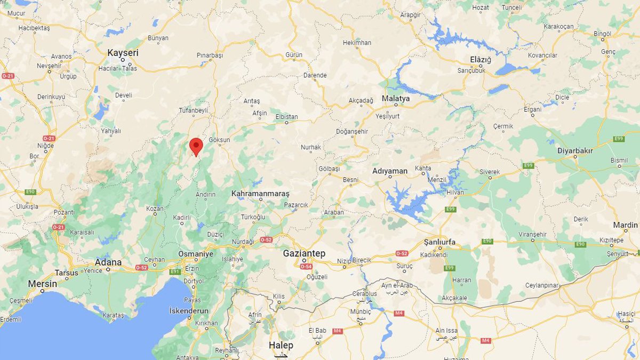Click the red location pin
(x=196, y=146)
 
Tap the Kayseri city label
(x=123, y=53)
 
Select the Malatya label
(x=396, y=99)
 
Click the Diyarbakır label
(x=575, y=150)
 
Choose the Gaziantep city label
(x=305, y=253)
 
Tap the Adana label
(x=108, y=262)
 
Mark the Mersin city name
(x=42, y=283)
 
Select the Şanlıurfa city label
(x=439, y=242)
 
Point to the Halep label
(x=281, y=345)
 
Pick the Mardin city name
(x=625, y=225)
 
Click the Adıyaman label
(x=390, y=171)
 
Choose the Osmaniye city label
(x=196, y=254)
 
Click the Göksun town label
(x=219, y=140)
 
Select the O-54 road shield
(x=306, y=266)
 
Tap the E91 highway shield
(x=175, y=271)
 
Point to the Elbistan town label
(x=286, y=116)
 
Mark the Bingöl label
(x=603, y=34)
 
